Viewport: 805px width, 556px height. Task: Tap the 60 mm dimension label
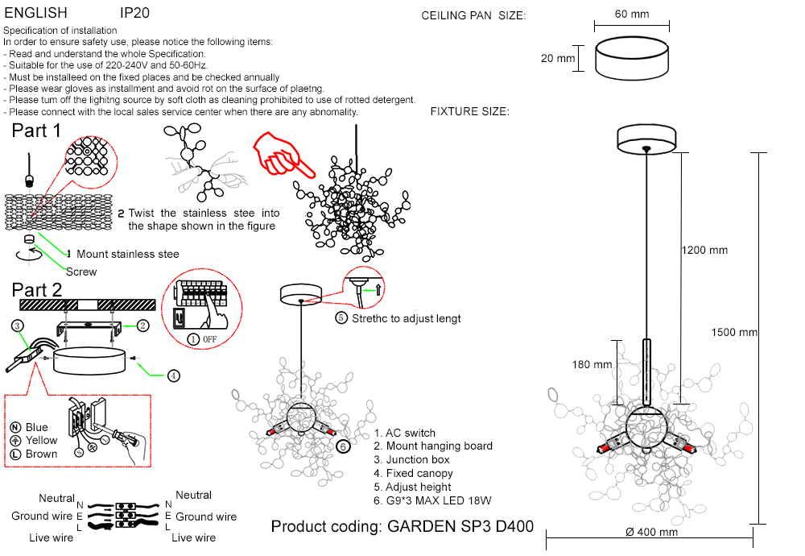[631, 15]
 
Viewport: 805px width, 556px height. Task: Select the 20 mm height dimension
[558, 59]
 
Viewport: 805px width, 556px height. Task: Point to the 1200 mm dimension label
[704, 250]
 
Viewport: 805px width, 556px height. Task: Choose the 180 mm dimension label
[592, 364]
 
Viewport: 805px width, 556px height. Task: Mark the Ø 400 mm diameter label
[651, 532]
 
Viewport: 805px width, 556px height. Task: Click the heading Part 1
[36, 131]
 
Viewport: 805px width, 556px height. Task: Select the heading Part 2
[37, 290]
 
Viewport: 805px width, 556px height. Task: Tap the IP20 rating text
[134, 14]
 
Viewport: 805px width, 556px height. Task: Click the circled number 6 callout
[343, 446]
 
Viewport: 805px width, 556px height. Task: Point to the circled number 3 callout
[17, 326]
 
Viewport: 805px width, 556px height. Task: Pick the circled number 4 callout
[173, 375]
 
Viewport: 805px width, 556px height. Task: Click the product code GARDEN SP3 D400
[402, 527]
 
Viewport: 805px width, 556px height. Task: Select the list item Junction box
[412, 459]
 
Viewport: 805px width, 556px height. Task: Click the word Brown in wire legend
[42, 454]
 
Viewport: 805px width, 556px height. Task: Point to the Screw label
[81, 272]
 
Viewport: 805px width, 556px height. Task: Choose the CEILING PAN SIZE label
[473, 15]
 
